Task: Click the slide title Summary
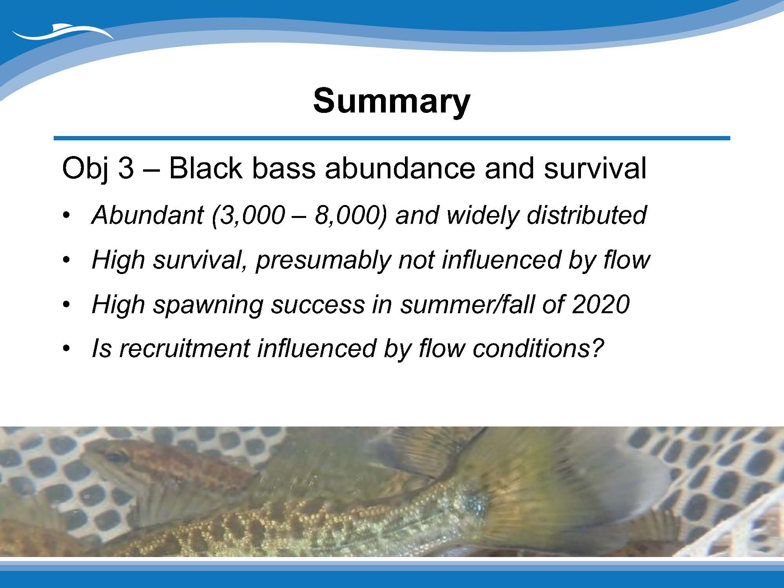[x=392, y=102]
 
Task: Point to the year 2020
[x=601, y=304]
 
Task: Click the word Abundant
[x=148, y=215]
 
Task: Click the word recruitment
[x=184, y=348]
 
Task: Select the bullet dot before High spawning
[x=67, y=305]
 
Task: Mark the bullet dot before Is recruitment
[x=67, y=349]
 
